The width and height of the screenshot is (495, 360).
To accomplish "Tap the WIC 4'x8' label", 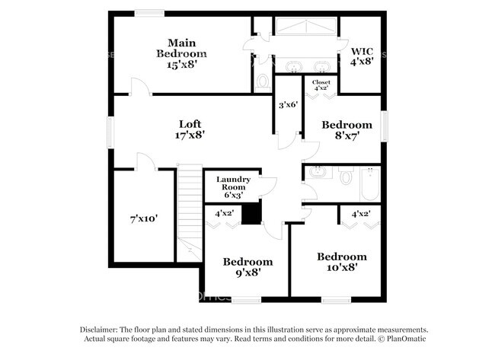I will (362, 56).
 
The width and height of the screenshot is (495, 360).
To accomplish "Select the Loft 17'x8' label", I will (190, 129).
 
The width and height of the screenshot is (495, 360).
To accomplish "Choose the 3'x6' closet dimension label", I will (288, 105).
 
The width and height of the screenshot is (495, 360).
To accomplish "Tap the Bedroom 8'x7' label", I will (346, 130).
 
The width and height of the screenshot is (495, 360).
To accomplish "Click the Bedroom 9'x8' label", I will (247, 268).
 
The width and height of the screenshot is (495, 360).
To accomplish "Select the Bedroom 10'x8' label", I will (342, 263).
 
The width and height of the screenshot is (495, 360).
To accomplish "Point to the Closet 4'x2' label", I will (321, 84).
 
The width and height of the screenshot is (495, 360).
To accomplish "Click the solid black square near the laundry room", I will (251, 215).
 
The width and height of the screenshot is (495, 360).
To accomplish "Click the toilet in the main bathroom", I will (263, 80).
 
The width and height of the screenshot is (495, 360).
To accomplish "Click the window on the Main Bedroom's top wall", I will (150, 11).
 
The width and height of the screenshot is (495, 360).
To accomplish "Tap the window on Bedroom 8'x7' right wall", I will (385, 126).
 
